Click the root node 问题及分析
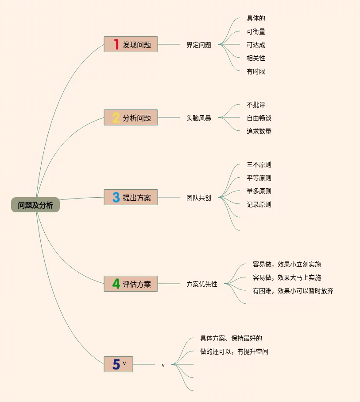pos(35,205)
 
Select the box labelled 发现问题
pos(131,45)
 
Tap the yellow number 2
pos(116,118)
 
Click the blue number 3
pos(116,198)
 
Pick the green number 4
pos(116,284)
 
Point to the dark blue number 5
pos(116,364)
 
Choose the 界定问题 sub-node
pos(199,45)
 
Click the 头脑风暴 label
pos(199,118)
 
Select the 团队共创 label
pos(199,198)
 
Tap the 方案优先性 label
pos(202,284)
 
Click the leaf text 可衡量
pos(256,31)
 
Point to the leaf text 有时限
pos(256,71)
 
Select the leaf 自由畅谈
pos(259,118)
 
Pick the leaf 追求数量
pos(259,131)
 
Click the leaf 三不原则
pos(259,164)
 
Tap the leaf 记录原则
pos(259,204)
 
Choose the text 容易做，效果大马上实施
pos(287,277)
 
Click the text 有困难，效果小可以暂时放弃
pos(293,291)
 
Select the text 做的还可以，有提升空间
pos(234,351)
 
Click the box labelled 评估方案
pos(131,284)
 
